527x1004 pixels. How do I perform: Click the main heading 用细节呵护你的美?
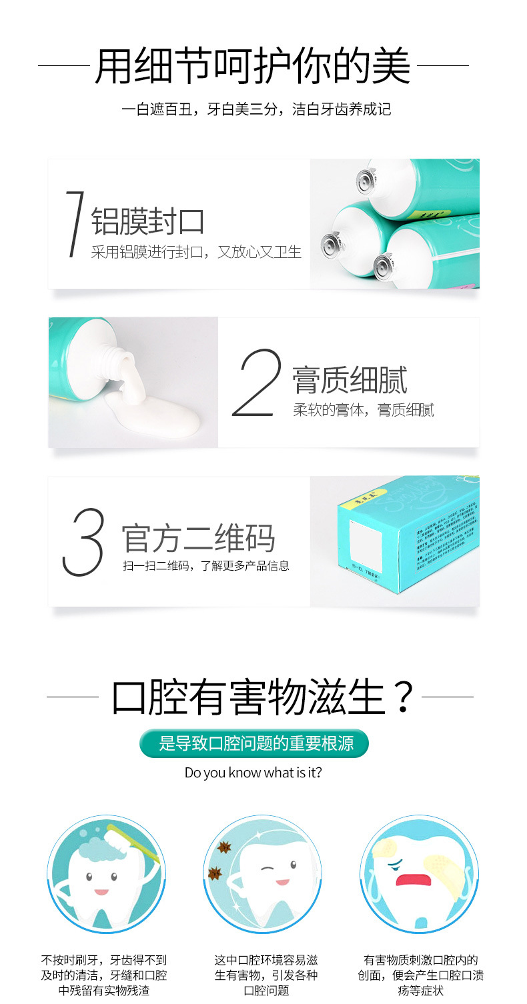coord(253,66)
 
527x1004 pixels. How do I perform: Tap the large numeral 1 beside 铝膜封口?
coord(75,224)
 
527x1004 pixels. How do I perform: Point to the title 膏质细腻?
coord(350,380)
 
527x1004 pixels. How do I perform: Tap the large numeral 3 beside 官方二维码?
coord(83,542)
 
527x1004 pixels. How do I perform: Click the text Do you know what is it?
coord(253,773)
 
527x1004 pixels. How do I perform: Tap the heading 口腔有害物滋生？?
coord(263,697)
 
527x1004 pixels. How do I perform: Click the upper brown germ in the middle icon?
coord(223,848)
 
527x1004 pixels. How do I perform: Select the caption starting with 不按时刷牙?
coord(104,975)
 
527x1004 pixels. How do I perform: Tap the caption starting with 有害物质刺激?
coord(420,975)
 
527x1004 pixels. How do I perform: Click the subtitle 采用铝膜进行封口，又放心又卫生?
coord(196,252)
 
